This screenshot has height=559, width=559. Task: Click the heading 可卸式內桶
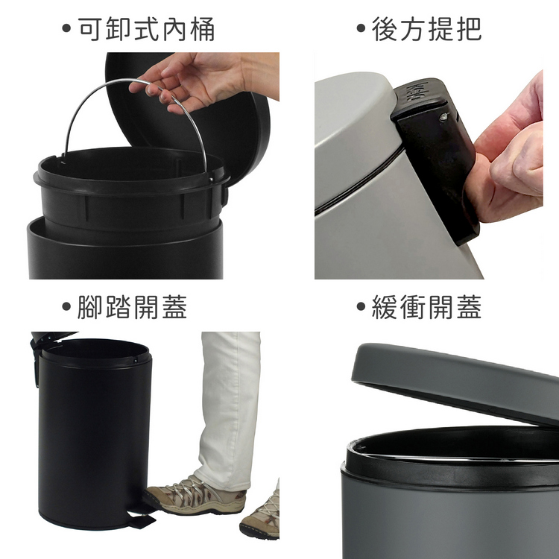tap(146, 29)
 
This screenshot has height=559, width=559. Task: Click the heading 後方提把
tap(427, 29)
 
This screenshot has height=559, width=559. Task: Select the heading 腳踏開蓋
tap(132, 307)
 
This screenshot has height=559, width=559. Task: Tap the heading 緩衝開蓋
tap(427, 307)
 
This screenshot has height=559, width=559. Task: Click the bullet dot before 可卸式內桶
tap(66, 28)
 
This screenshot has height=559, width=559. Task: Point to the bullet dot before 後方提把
tap(361, 28)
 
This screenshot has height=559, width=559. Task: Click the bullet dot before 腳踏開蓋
tap(66, 306)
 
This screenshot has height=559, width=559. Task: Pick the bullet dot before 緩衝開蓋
tap(361, 306)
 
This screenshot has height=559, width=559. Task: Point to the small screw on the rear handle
tap(443, 116)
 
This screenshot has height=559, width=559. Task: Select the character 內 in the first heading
tap(174, 29)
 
